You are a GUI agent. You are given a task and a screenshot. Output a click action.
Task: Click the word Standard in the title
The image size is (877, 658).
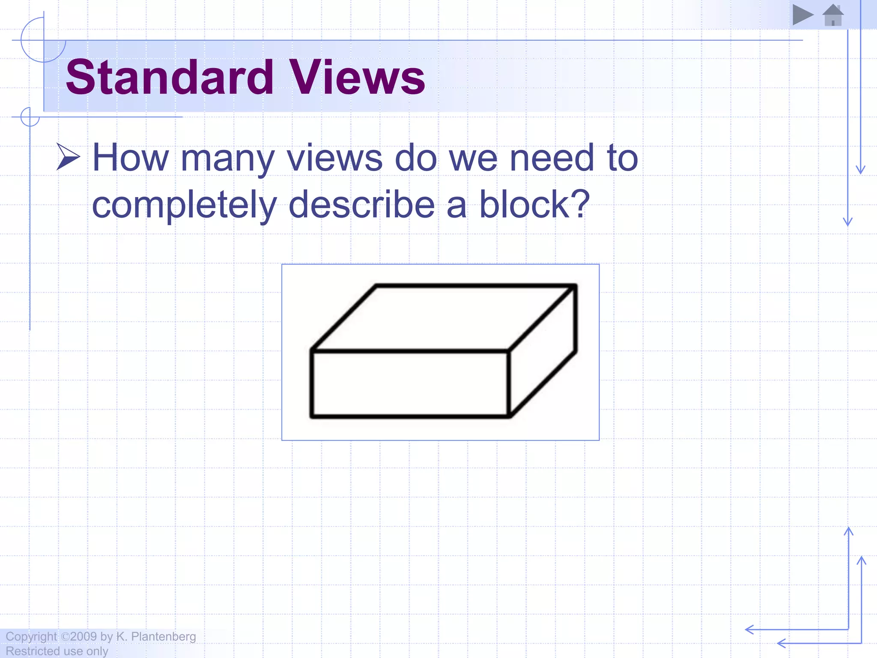point(170,77)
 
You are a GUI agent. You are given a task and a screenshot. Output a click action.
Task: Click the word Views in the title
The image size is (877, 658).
point(357,77)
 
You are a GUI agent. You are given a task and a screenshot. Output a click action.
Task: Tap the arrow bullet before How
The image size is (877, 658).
point(68,157)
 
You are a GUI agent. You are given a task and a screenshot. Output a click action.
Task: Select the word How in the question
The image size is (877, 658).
point(131,158)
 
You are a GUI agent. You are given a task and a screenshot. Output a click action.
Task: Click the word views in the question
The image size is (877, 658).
point(334,158)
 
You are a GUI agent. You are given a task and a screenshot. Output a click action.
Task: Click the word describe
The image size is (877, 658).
point(362,205)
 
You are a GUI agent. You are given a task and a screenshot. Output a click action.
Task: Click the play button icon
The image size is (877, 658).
point(802,15)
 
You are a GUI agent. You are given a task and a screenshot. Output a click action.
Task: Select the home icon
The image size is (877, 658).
point(833,15)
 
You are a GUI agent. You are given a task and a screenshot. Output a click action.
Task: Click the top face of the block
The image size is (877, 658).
point(443,317)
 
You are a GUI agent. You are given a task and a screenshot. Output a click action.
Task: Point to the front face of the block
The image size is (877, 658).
point(410,383)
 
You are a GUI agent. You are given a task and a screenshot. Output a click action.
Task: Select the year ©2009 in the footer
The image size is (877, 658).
point(79,637)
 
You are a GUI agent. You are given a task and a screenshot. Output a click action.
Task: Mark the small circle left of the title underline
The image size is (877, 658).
point(30,117)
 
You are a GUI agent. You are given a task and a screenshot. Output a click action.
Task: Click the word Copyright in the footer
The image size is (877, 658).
point(31,637)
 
